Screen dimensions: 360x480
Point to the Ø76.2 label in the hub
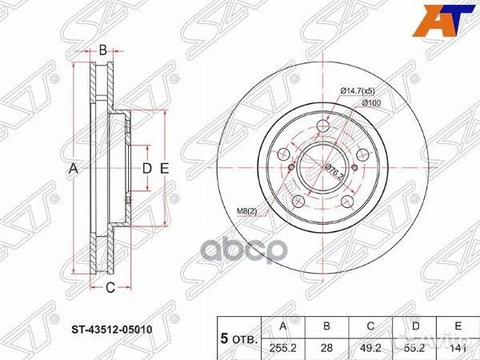(334, 170)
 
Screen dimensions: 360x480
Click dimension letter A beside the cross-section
(73, 168)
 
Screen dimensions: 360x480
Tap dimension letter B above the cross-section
(103, 51)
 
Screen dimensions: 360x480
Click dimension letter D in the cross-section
(146, 168)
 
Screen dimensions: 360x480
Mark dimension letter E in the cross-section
(164, 168)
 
